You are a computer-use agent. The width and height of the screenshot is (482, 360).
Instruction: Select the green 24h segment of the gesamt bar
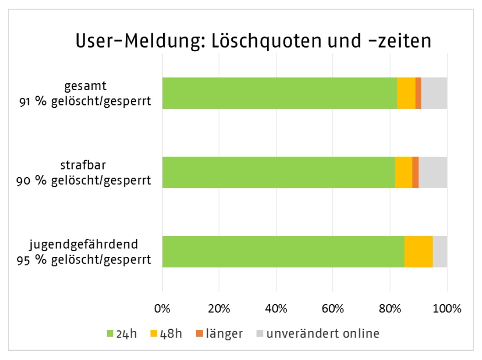click(x=279, y=93)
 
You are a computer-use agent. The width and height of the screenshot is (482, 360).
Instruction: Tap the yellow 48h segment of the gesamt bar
click(x=406, y=93)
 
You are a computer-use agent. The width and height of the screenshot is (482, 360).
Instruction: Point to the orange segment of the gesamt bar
click(x=418, y=93)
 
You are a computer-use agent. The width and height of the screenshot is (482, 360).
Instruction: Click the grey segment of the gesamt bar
click(x=434, y=93)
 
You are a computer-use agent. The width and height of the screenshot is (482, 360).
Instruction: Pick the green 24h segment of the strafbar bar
click(x=278, y=172)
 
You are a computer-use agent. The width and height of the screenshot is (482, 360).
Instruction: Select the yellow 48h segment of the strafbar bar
click(x=403, y=172)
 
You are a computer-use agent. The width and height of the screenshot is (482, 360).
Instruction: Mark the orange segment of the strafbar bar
click(x=415, y=172)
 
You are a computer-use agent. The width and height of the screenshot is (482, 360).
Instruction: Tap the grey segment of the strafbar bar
click(x=433, y=172)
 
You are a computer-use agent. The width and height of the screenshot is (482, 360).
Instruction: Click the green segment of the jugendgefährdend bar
click(x=283, y=252)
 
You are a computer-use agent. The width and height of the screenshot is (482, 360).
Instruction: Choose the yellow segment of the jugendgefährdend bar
click(x=418, y=252)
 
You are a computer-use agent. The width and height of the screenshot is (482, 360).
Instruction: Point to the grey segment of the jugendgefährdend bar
click(x=440, y=252)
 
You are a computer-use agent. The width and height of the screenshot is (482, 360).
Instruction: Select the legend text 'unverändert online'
click(x=323, y=334)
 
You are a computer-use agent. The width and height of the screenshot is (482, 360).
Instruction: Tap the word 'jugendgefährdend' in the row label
click(x=90, y=244)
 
